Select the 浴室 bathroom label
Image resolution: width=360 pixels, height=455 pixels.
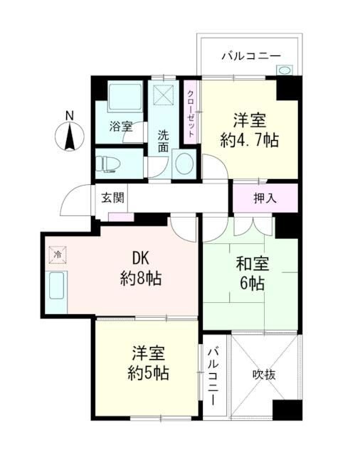point(120,127)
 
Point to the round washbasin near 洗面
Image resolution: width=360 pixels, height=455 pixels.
point(183,164)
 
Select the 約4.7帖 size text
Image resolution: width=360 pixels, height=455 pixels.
point(249,140)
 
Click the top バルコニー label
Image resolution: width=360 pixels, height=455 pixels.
point(250,55)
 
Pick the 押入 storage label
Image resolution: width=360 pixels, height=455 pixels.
point(265,198)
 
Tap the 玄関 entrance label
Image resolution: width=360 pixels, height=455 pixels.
point(110,197)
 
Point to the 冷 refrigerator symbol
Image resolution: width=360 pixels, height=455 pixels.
point(56,253)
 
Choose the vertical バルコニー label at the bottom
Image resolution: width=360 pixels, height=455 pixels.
point(213,376)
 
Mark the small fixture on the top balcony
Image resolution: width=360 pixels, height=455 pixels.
point(285,70)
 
